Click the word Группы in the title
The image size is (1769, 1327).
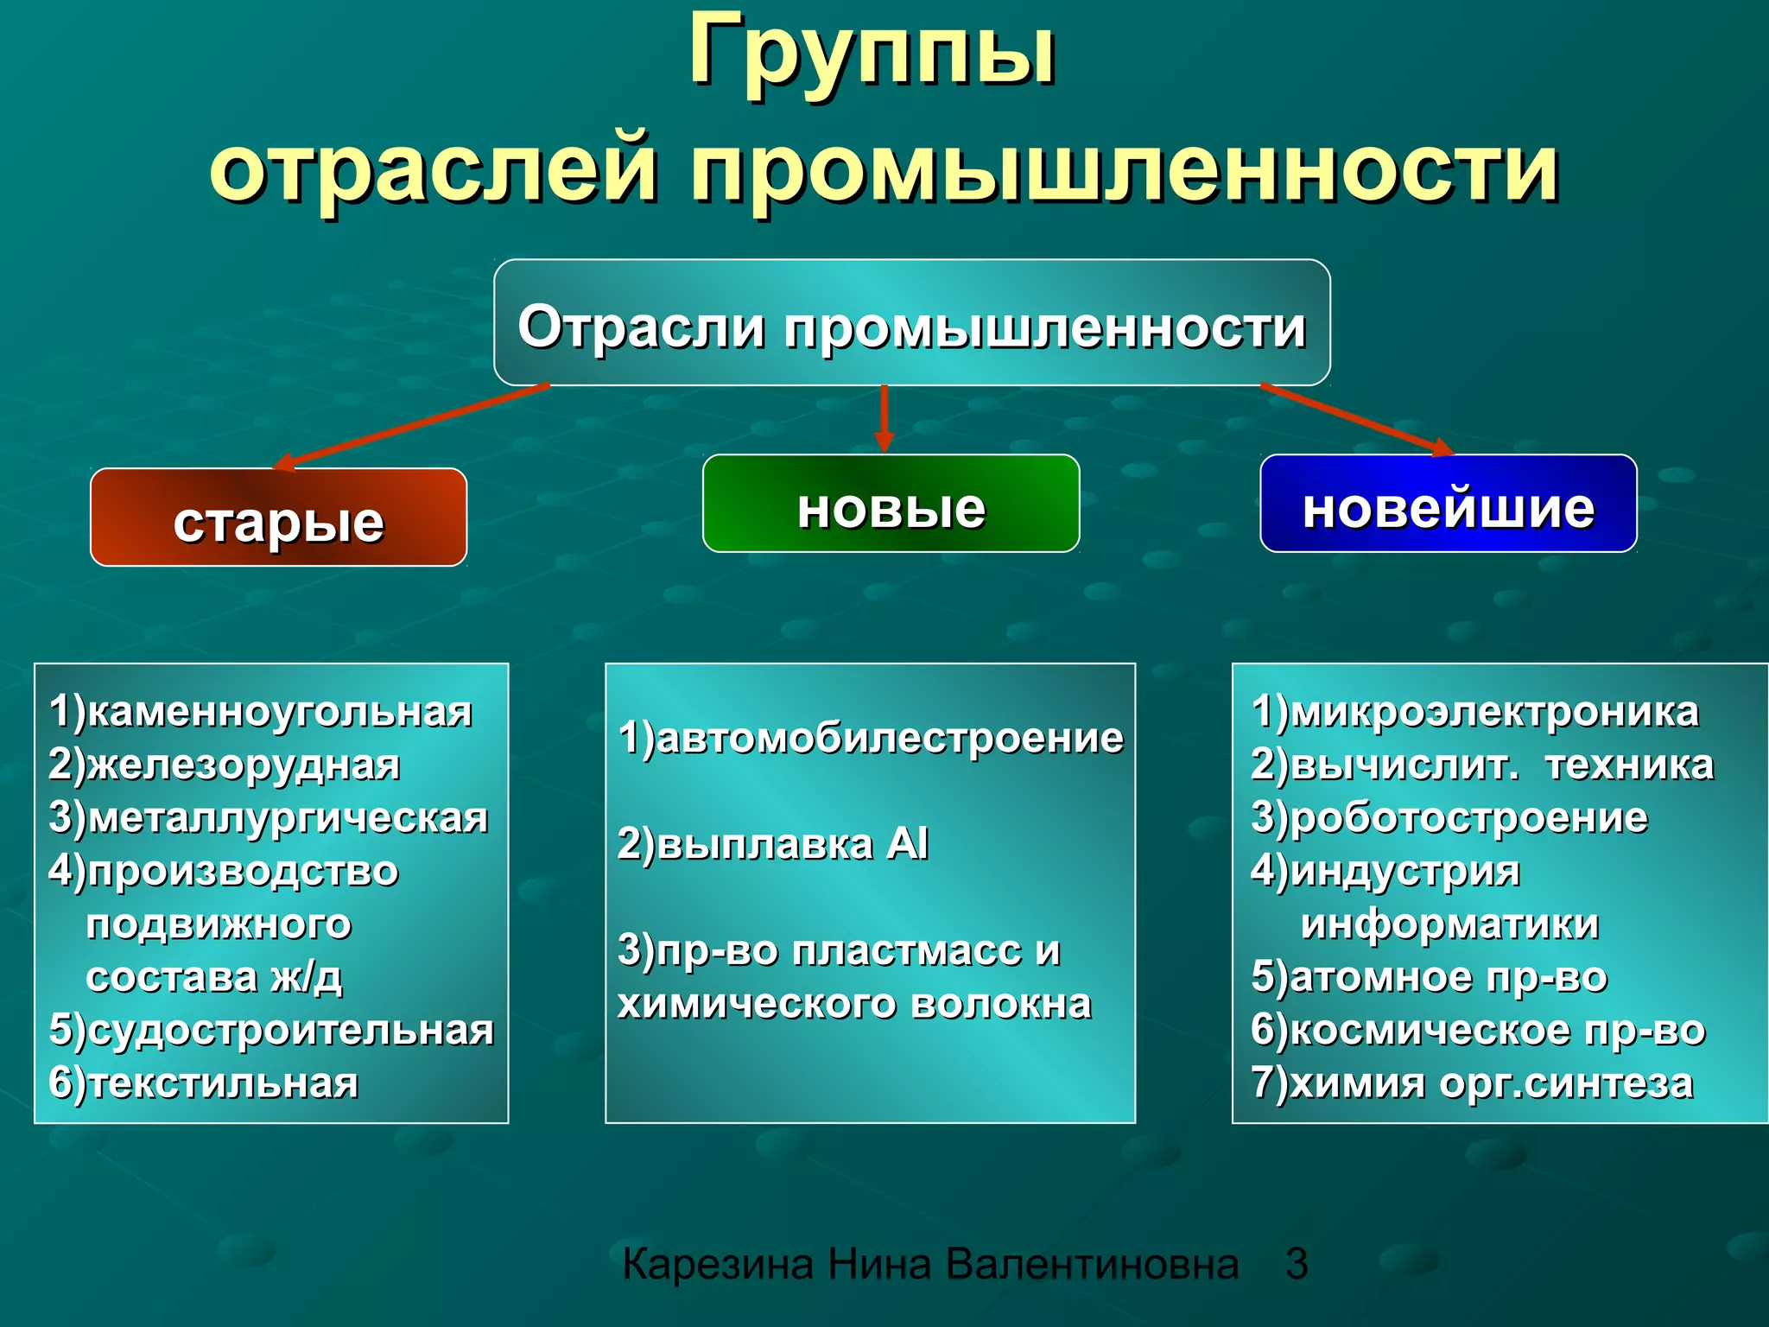pos(872,54)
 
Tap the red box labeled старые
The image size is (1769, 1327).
pos(278,519)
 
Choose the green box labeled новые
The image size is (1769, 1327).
pos(891,505)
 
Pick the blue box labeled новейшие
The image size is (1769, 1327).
pos(1448,505)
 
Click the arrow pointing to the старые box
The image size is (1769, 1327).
pos(410,427)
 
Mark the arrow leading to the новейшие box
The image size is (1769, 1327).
pos(1356,419)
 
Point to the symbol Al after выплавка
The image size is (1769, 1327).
pos(907,843)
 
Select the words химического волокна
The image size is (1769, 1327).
pos(853,1004)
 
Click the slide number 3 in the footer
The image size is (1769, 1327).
pos(1296,1264)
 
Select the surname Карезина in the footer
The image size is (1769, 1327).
pos(718,1264)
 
